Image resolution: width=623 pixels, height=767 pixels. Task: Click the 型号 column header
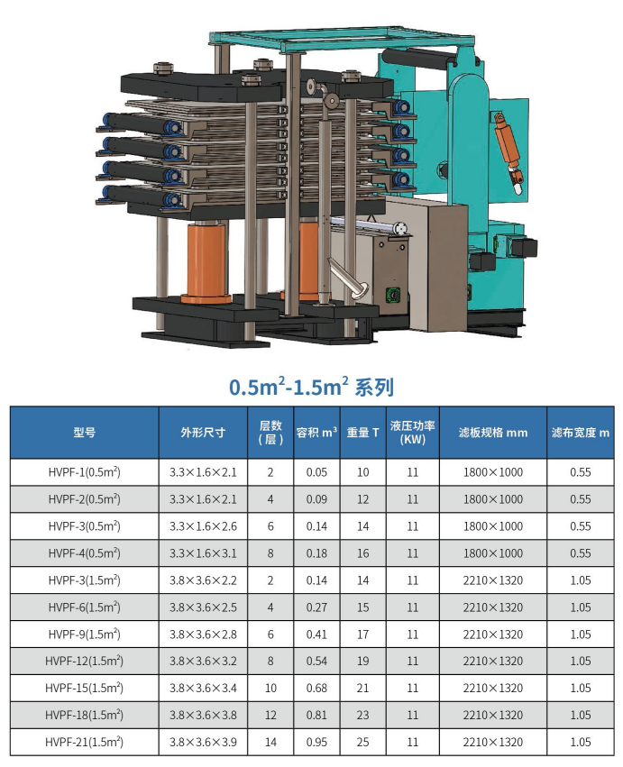coord(84,433)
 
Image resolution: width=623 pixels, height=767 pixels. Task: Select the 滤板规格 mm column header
coord(493,433)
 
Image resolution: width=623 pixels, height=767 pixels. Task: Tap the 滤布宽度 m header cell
coord(581,433)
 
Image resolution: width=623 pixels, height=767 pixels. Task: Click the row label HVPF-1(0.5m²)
coord(84,472)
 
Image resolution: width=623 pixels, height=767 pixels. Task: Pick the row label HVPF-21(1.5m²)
coord(84,742)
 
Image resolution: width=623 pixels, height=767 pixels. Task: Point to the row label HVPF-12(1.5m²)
coord(84,661)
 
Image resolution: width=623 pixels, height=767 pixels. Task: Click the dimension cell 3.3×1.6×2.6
coord(203,526)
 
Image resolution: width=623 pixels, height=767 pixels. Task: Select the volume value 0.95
coord(316,742)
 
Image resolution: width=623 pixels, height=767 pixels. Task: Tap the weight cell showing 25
coord(362,742)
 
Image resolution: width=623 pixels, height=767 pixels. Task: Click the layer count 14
coord(270,742)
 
